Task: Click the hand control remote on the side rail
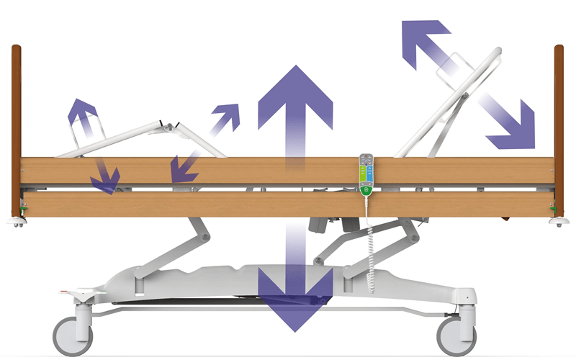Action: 364,174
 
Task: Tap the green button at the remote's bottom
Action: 364,191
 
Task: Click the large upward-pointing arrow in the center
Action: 295,108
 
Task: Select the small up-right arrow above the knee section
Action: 228,114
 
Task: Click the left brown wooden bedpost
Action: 16,130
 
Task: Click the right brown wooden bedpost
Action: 559,130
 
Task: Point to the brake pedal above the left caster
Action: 76,294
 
